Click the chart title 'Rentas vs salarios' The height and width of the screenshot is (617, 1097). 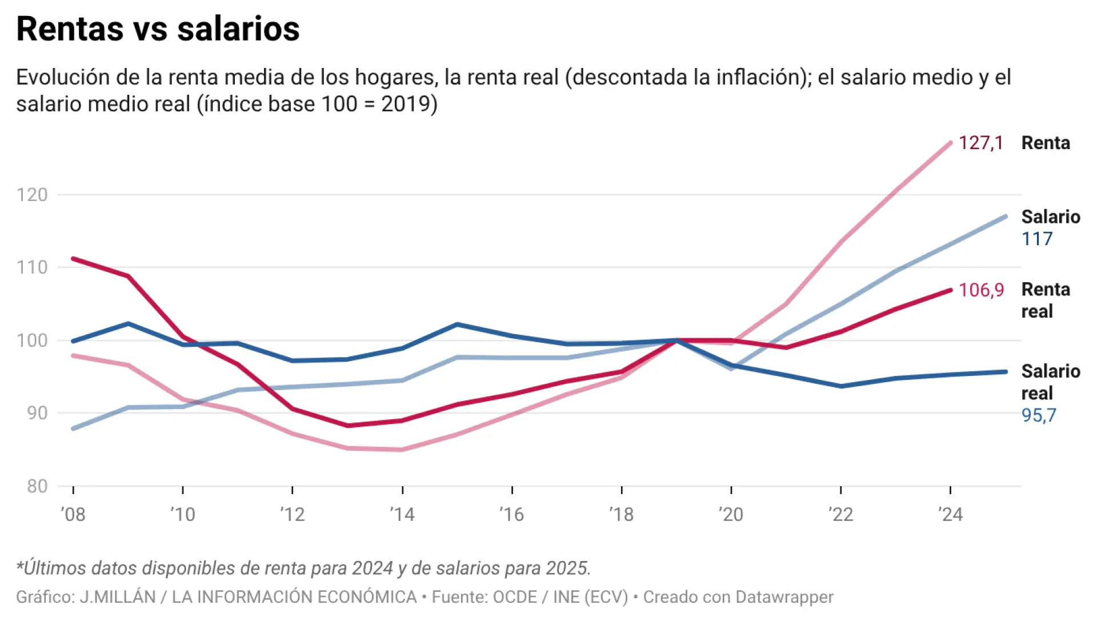158,29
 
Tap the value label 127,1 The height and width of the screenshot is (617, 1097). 980,143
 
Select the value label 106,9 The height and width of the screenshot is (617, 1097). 980,290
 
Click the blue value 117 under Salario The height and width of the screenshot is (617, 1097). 1036,239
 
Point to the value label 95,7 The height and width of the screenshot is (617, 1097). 1038,415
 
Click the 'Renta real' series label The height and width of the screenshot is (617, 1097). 1045,301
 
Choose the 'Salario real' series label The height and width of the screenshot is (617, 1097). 1050,382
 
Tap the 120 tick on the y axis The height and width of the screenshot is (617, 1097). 32,195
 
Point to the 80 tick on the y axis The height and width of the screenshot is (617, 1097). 37,486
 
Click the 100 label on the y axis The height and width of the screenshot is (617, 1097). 32,340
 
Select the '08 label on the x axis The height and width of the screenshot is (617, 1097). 73,514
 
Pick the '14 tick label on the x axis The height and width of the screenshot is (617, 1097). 402,514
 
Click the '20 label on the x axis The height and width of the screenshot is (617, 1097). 731,514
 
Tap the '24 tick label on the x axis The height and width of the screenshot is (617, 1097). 950,514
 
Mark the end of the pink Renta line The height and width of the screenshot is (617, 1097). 950,143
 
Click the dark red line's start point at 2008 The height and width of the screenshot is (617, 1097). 73,259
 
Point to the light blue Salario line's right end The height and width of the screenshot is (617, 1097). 1005,217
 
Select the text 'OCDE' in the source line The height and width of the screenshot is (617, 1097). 514,597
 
